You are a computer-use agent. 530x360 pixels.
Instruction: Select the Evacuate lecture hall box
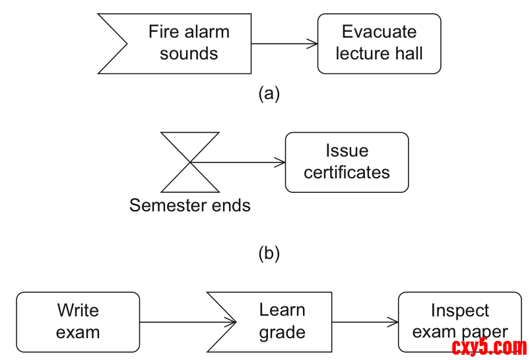pos(379,44)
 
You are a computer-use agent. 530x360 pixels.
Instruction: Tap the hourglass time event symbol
pos(190,162)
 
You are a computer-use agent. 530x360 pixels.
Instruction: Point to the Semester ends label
pos(190,205)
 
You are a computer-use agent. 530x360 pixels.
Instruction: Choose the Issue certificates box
pos(347,162)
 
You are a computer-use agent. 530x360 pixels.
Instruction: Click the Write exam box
pos(78,322)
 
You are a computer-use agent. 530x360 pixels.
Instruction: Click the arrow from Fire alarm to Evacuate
pos(284,44)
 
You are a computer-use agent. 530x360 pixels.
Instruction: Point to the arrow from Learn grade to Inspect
pos(364,322)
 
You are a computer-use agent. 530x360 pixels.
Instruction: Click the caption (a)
pos(269,93)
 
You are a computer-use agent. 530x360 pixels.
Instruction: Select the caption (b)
pos(269,253)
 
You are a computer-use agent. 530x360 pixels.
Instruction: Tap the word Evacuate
pos(380,32)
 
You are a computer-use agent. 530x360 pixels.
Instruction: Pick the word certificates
pos(347,173)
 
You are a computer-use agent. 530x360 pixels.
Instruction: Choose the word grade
pos(282,333)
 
